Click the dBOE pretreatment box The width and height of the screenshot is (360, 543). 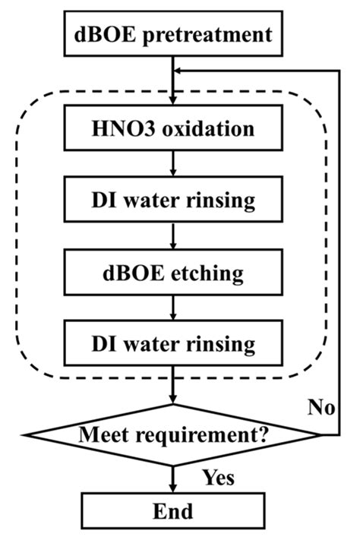point(175,34)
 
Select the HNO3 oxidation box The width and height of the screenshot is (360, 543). point(175,128)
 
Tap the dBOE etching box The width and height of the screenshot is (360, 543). point(175,272)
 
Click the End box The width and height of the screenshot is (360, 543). point(175,510)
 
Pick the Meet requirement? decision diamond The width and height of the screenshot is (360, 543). point(175,436)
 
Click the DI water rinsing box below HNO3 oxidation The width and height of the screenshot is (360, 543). point(175,200)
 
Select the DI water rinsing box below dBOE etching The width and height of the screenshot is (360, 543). point(175,343)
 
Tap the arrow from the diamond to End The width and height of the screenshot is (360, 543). point(175,473)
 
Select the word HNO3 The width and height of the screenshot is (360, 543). point(126,128)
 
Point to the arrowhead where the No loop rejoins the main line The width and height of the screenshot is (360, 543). point(180,69)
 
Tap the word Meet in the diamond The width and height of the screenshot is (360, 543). point(105,437)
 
